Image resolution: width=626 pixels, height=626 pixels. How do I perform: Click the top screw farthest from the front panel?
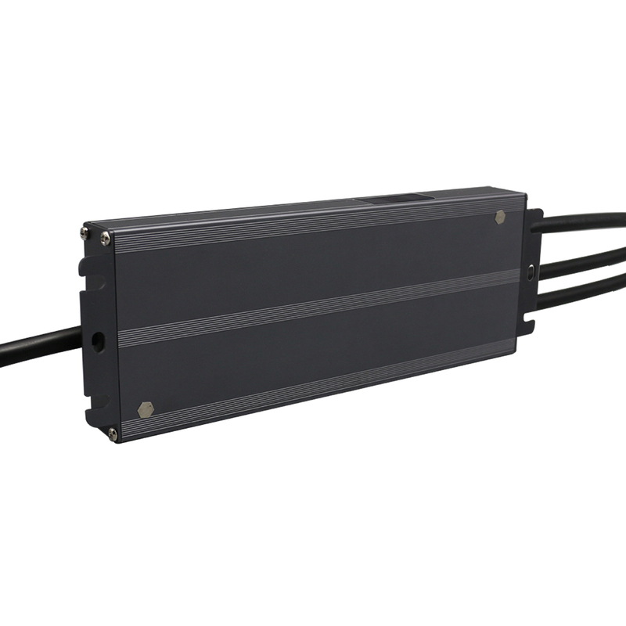pyautogui.click(x=85, y=232)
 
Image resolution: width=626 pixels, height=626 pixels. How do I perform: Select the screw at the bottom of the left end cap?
pyautogui.click(x=113, y=433)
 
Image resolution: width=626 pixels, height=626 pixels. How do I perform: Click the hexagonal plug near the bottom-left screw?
pyautogui.click(x=145, y=409)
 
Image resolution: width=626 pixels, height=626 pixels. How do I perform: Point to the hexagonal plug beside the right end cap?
pyautogui.click(x=500, y=218)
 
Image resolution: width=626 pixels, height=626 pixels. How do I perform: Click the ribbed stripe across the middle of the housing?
pyautogui.click(x=313, y=308)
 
